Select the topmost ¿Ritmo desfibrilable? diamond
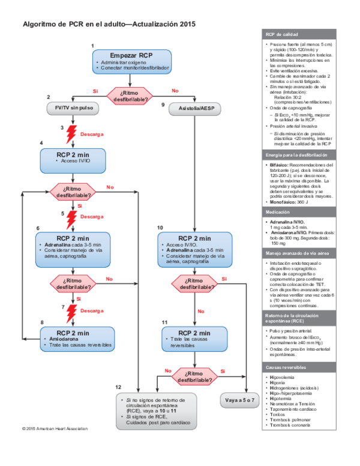coord(130,95)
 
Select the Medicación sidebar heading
coord(278,212)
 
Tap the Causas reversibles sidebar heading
coord(286,366)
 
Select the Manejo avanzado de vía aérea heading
coord(296,253)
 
